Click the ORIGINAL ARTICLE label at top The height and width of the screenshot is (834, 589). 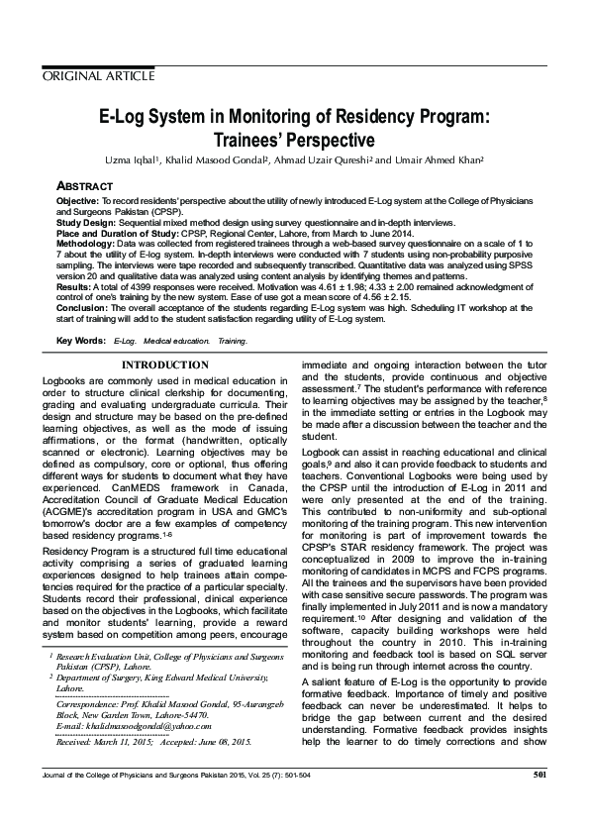point(98,76)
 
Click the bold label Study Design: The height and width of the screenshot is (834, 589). point(84,223)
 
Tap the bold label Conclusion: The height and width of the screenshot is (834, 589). point(81,308)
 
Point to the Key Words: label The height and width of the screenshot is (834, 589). point(81,341)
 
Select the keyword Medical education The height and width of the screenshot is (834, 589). point(176,341)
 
